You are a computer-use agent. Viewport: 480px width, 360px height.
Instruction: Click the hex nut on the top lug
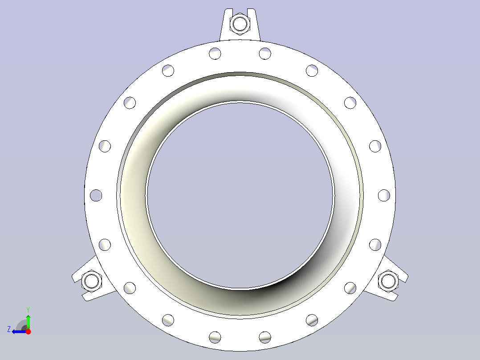(240, 24)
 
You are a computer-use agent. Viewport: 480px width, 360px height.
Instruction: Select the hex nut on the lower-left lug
(92, 281)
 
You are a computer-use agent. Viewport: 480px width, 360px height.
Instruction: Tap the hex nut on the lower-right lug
(388, 281)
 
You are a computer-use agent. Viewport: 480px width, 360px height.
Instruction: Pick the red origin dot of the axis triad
(28, 331)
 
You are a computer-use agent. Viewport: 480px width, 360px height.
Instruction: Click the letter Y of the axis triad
(28, 309)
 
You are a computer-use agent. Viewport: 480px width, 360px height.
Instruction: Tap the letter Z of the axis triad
(9, 329)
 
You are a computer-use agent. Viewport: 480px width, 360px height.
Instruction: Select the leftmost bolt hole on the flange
(96, 195)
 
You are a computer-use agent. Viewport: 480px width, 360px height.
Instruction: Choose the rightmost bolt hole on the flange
(384, 195)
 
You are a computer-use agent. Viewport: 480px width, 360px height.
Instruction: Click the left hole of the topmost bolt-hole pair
(215, 53)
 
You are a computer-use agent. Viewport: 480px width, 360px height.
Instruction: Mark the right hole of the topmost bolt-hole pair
(265, 53)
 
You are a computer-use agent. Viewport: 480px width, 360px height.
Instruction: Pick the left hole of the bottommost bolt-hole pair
(215, 336)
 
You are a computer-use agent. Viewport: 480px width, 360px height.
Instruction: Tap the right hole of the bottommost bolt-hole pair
(265, 336)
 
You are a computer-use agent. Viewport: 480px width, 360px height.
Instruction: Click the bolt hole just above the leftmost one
(105, 146)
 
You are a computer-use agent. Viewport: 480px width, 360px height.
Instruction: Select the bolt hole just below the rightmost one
(375, 244)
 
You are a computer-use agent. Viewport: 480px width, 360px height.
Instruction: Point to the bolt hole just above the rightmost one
(375, 146)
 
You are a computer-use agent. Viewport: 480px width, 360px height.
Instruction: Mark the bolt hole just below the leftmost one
(105, 244)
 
